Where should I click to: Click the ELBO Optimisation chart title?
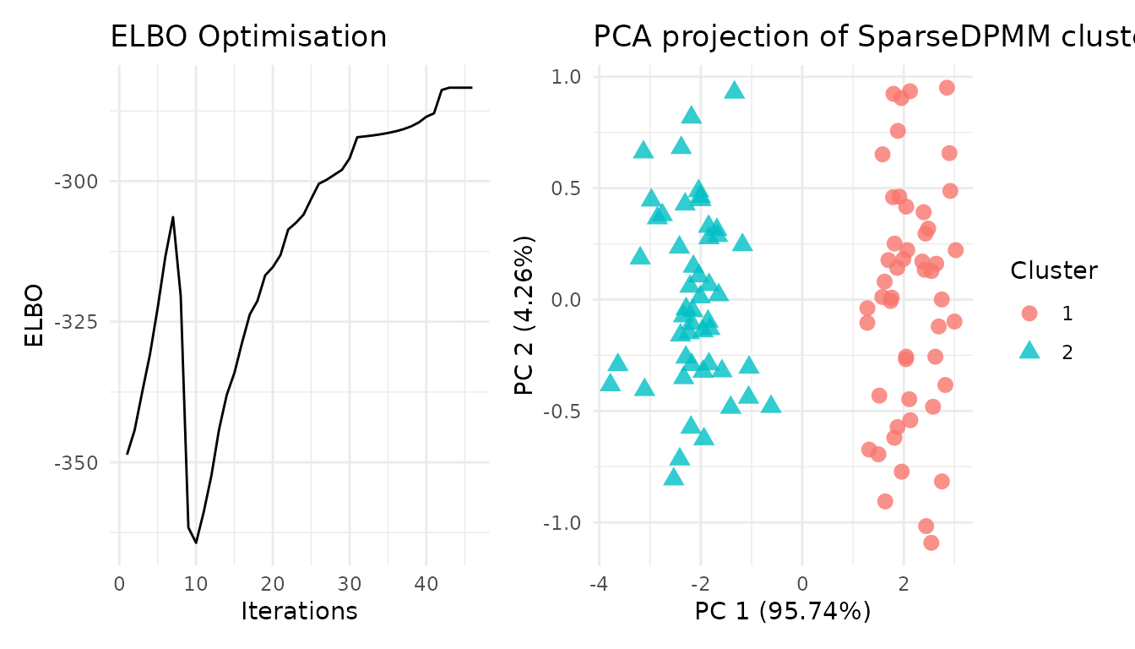248,37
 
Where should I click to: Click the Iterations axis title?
299,611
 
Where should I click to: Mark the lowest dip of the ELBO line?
196,543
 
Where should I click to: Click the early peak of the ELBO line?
173,217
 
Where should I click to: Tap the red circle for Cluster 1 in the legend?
1029,314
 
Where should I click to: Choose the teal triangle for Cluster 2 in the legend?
1029,352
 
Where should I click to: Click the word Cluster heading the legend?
1054,271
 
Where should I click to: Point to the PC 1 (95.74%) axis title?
782,611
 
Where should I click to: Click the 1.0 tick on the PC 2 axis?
568,77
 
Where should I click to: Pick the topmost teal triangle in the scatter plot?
735,90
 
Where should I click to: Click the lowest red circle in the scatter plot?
931,543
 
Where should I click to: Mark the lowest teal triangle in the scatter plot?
673,477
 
